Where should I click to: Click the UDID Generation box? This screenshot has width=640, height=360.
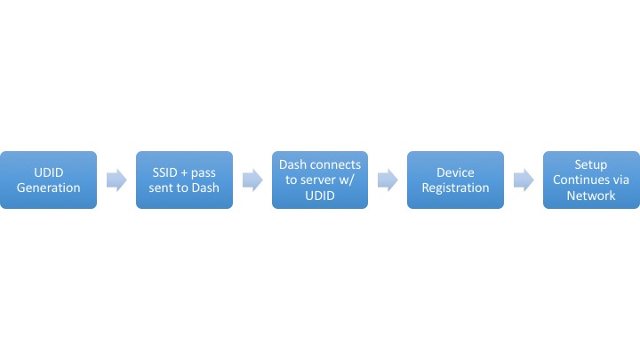[48, 180]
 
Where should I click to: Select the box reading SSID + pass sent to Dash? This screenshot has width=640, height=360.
[184, 180]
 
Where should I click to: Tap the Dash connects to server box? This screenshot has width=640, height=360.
[320, 180]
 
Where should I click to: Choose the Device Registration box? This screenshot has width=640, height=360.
[455, 180]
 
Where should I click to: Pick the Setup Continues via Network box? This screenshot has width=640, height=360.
[591, 180]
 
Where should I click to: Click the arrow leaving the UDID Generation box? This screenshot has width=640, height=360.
[116, 180]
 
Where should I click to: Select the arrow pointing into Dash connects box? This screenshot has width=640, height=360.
[252, 180]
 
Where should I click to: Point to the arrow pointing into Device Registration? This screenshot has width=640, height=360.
[388, 180]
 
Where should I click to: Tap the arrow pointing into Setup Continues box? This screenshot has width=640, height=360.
[524, 180]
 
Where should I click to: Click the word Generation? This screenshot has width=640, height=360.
[48, 188]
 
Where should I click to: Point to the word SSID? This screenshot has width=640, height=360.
[165, 172]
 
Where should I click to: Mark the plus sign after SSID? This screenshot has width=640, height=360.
[184, 173]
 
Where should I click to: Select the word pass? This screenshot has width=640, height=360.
[204, 173]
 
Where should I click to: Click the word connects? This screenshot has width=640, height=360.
[337, 165]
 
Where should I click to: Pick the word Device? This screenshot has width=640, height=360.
[455, 172]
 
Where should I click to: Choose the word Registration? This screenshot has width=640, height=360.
[455, 188]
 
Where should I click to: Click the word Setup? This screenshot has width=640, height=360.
[591, 165]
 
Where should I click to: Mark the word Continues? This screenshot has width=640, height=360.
[580, 180]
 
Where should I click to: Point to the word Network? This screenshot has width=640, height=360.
[591, 196]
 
